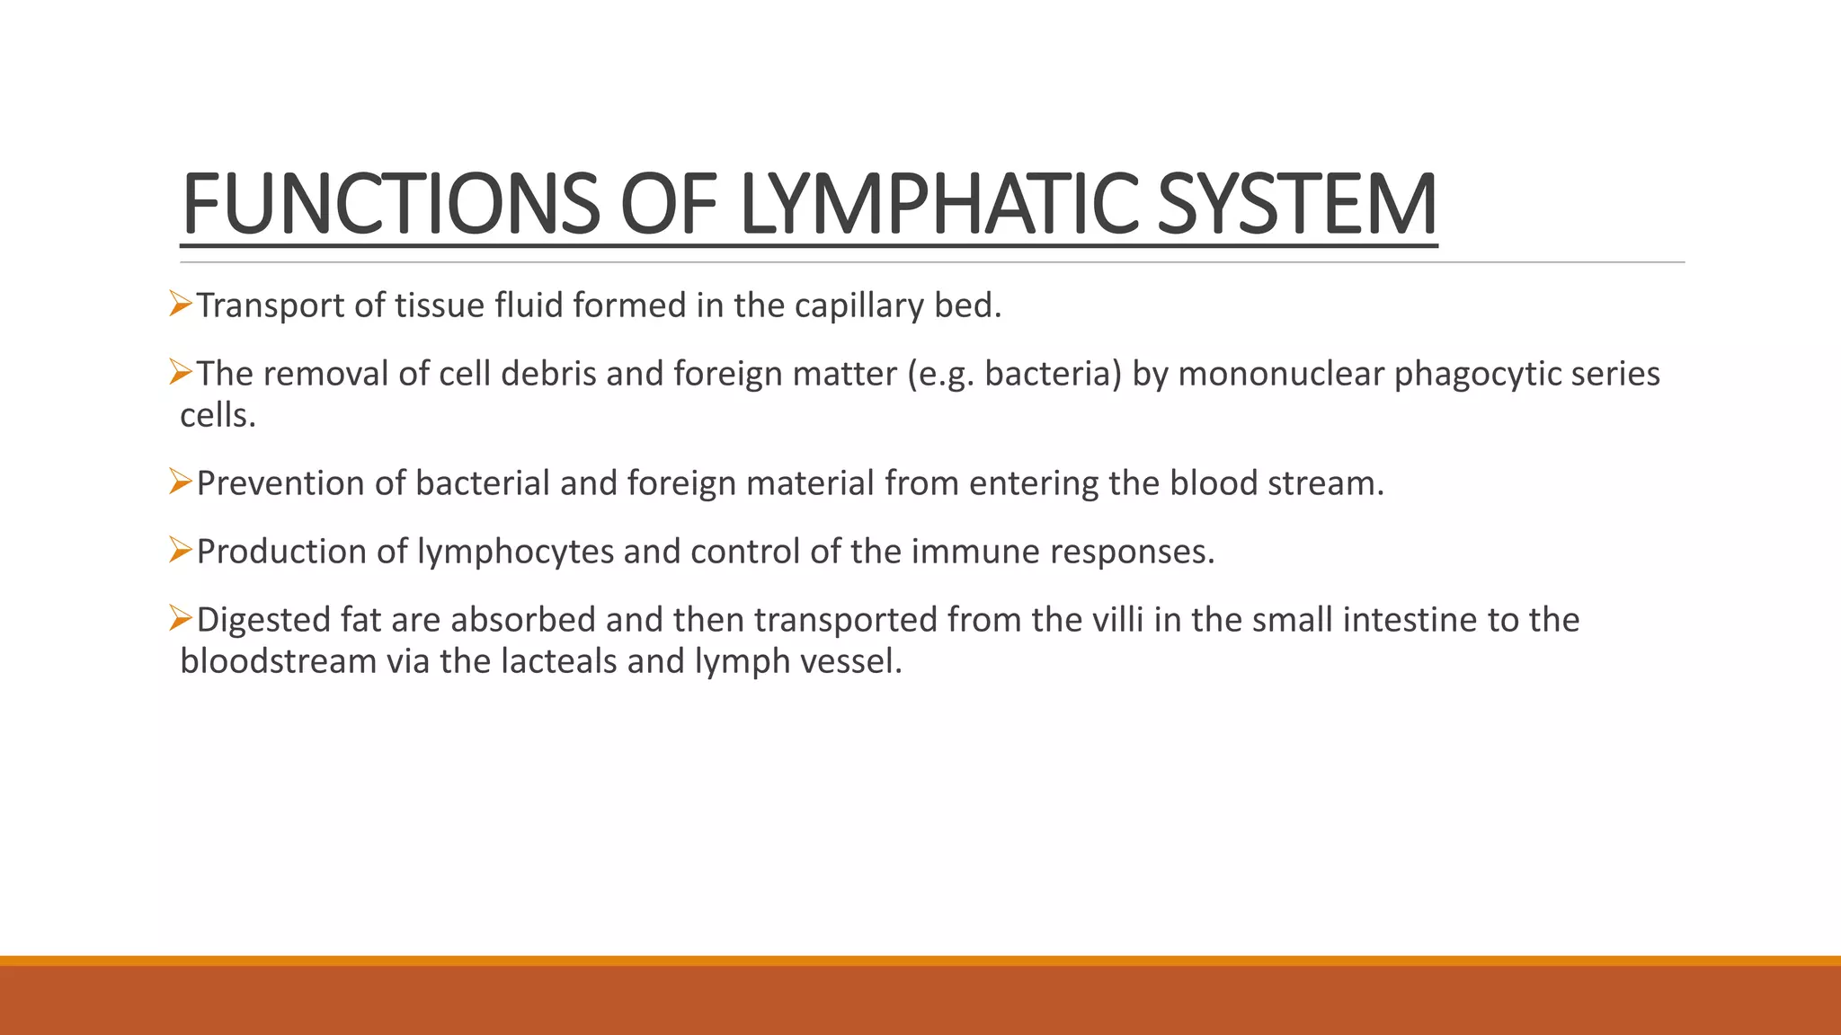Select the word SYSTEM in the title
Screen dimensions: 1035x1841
1297,205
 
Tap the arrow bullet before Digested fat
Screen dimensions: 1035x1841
181,618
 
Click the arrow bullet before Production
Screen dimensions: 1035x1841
181,550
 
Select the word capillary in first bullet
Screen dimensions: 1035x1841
858,306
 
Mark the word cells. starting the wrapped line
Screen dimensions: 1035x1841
218,415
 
